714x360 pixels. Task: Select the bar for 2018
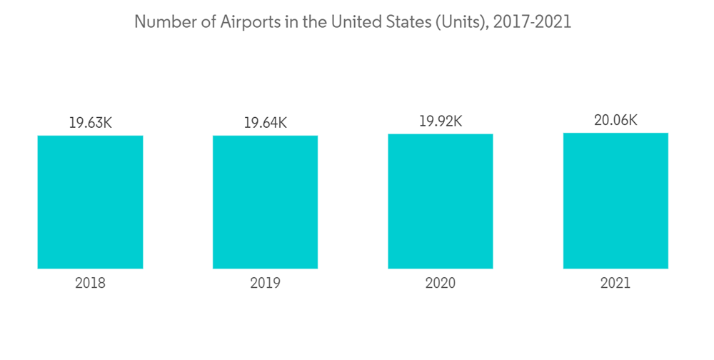point(90,202)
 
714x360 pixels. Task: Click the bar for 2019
point(265,202)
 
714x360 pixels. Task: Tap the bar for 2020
point(441,201)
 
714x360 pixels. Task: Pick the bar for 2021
point(615,201)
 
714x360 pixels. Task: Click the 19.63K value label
point(90,123)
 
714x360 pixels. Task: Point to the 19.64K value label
point(265,123)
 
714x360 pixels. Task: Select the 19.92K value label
point(441,121)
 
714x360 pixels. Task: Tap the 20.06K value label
point(615,121)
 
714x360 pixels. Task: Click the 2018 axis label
point(90,284)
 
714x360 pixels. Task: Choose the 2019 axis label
point(265,284)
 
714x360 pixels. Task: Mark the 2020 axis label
point(441,284)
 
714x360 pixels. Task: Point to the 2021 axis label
point(615,284)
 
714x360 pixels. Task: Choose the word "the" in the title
point(312,22)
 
